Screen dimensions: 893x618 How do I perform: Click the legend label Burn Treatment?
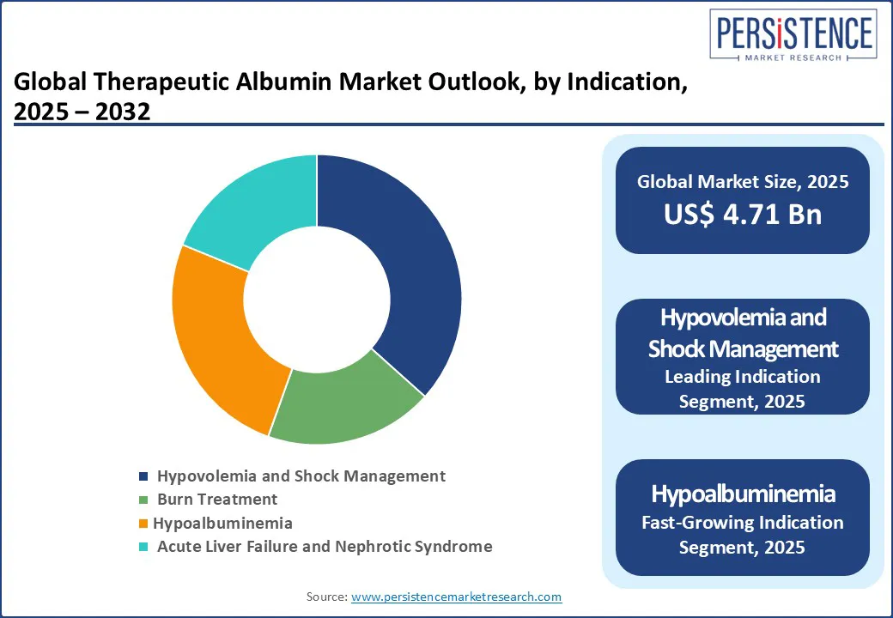217,499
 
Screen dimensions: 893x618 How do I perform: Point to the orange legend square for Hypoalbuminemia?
143,523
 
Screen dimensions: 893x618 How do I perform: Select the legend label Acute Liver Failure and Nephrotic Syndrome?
325,546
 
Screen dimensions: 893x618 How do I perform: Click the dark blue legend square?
143,476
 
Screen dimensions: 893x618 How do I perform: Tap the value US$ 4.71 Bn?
743,215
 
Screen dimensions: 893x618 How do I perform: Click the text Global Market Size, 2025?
743,181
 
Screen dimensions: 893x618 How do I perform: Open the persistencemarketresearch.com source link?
456,597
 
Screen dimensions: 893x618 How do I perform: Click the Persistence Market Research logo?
793,34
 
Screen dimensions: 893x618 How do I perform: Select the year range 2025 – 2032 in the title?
82,112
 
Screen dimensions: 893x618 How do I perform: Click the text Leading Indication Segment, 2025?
743,389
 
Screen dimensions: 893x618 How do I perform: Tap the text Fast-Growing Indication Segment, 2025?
743,535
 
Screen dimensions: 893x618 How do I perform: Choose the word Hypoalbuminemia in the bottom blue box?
743,494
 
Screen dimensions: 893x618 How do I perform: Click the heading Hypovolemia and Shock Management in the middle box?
743,333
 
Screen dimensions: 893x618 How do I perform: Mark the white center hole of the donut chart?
317,300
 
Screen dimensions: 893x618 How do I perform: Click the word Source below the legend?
326,597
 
